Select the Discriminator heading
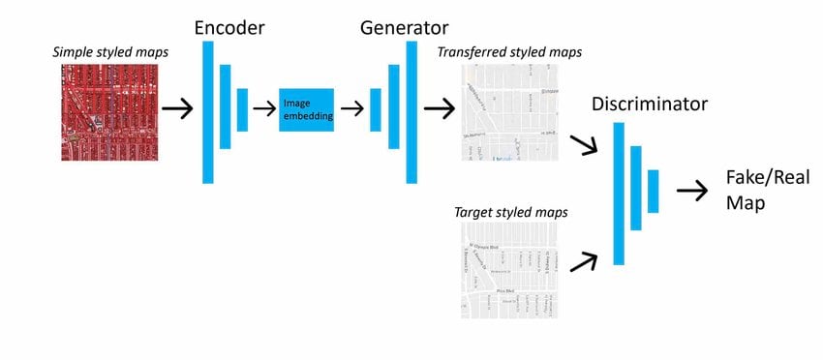point(650,104)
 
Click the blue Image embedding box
point(306,109)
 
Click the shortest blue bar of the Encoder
point(242,109)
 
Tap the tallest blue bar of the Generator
point(411,112)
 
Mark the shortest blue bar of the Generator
point(376,109)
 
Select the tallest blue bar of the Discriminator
point(619,194)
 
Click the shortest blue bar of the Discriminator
point(654,191)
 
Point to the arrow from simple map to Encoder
point(177,109)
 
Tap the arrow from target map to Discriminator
point(584,259)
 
